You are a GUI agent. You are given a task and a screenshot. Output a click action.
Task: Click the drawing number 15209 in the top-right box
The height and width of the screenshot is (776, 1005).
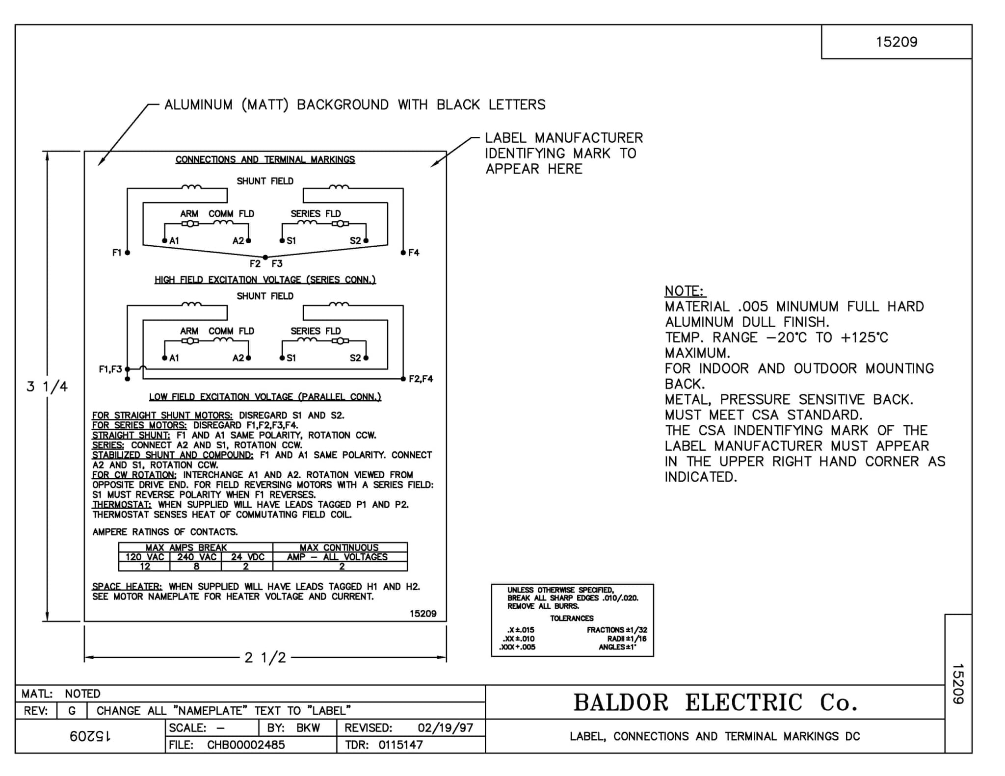pos(896,42)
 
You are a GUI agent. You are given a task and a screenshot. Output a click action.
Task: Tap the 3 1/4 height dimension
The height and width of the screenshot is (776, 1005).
pos(47,387)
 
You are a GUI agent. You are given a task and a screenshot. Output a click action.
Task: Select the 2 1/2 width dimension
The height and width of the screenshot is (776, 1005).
pos(265,657)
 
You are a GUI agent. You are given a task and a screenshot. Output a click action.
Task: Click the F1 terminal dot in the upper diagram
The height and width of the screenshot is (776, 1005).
pos(127,253)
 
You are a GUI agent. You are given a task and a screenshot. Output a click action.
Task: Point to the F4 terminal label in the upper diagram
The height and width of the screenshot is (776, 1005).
pos(414,253)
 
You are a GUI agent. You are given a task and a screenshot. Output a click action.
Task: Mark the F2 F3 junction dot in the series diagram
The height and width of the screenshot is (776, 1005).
pos(265,257)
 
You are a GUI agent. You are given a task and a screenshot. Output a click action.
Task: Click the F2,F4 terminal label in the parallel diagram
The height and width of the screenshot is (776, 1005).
pos(421,379)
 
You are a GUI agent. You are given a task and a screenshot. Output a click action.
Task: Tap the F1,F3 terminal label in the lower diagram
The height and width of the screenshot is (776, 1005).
pos(110,369)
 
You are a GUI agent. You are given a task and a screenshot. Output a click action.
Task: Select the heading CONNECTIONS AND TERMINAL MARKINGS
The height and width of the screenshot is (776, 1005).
pos(265,159)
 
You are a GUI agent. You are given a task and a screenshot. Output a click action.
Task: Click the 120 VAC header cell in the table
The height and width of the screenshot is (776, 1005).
pos(144,557)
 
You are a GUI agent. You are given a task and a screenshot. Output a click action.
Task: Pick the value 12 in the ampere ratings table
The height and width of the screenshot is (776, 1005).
pos(144,567)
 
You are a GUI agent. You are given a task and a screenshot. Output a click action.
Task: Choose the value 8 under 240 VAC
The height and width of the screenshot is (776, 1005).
pos(196,567)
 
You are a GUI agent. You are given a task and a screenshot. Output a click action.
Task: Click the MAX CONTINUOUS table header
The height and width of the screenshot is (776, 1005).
pos(339,547)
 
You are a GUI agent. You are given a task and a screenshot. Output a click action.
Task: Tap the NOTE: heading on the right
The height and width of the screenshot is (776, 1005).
pos(684,291)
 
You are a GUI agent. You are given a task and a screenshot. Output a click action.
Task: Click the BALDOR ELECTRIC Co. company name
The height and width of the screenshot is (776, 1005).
pos(715,703)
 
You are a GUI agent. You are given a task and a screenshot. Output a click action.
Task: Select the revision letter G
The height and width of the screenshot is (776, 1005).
pos(72,711)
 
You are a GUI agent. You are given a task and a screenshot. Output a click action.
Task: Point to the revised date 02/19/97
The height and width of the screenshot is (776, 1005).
pos(445,728)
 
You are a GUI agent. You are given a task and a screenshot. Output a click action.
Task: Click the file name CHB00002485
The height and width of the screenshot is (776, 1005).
pos(246,745)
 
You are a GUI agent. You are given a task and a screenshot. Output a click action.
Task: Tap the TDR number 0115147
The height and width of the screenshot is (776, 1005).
pos(400,745)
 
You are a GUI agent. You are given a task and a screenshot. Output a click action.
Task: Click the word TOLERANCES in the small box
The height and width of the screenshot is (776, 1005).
pos(572,619)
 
